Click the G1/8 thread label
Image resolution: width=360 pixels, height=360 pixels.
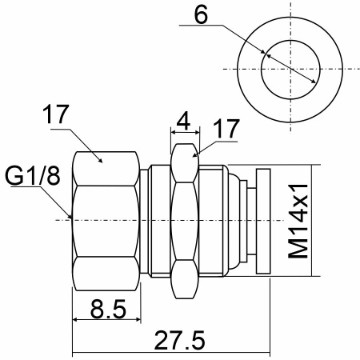coord(33,176)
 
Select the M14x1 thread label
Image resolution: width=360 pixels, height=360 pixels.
coord(298,221)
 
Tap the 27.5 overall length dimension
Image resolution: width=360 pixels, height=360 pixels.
coord(179,340)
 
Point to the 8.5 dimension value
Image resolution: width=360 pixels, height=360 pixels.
coord(108,309)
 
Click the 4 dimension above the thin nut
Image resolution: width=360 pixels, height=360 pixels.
coord(184,121)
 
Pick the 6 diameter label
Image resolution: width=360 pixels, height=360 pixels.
coord(201,15)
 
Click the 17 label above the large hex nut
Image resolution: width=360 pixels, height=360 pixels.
coord(56,114)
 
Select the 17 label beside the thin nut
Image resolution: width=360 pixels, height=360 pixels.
coord(226,129)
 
